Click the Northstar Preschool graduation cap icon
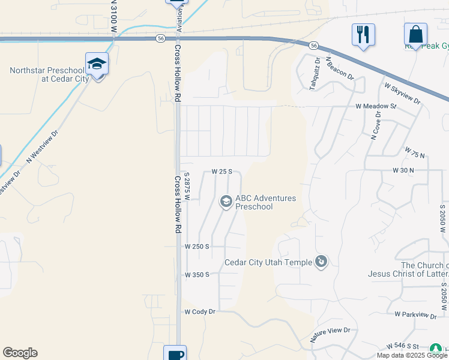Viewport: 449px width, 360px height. click(97, 63)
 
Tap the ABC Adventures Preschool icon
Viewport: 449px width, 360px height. click(226, 202)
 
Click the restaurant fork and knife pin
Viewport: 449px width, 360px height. click(363, 34)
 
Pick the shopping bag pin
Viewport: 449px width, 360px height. click(415, 34)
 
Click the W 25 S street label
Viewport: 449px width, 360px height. click(221, 172)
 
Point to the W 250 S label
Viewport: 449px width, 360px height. click(196, 247)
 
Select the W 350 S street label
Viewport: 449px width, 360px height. click(196, 275)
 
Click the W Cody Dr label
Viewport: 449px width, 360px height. click(199, 312)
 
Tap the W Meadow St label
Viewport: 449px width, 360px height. click(376, 106)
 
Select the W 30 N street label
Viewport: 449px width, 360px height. click(403, 170)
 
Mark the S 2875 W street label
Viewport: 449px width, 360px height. click(187, 187)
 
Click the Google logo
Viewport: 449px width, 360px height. click(20, 353)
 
